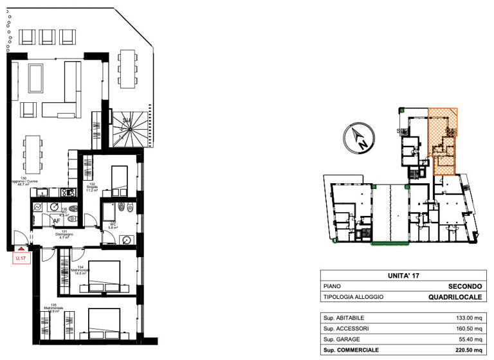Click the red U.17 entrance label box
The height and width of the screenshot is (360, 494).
(21, 258)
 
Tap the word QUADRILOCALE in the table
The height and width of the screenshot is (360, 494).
(455, 296)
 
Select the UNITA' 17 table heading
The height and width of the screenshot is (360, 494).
(404, 275)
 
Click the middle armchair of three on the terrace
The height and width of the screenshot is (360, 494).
(48, 36)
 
